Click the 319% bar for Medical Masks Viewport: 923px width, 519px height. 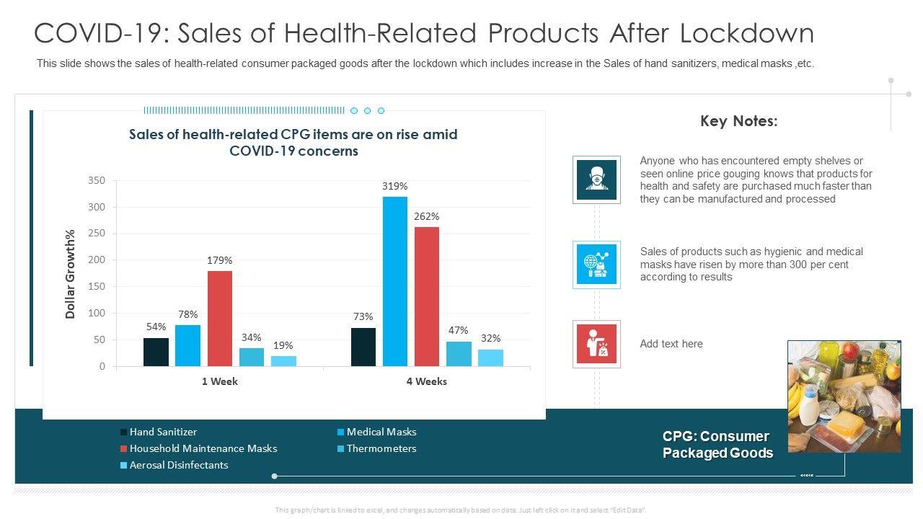[395, 281]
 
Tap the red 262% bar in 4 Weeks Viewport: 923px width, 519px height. [426, 296]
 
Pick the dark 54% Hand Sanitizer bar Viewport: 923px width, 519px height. [156, 352]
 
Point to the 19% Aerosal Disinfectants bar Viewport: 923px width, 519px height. [283, 360]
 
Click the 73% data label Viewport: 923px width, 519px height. [363, 316]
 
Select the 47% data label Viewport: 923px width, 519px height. [459, 330]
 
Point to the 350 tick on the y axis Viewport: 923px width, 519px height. [97, 180]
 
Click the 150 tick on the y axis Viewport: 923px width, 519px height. [97, 286]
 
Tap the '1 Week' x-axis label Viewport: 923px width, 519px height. [220, 381]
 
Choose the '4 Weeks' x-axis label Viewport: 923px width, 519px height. [426, 381]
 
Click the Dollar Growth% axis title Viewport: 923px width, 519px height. [71, 274]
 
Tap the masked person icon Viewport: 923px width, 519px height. [596, 179]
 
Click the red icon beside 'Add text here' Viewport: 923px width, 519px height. [596, 344]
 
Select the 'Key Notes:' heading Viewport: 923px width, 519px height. [738, 121]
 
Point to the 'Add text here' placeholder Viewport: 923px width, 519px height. [671, 344]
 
